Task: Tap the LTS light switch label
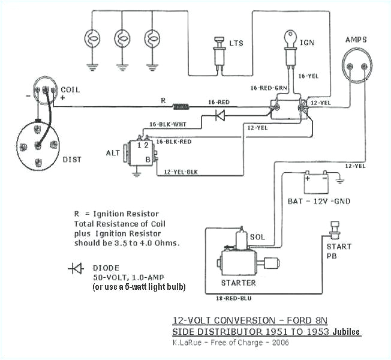(236, 44)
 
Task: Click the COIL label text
(70, 90)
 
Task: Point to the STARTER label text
(238, 283)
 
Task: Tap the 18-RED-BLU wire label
(232, 297)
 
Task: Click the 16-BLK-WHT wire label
(166, 125)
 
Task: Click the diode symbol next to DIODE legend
(76, 269)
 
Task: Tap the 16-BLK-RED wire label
(174, 142)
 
